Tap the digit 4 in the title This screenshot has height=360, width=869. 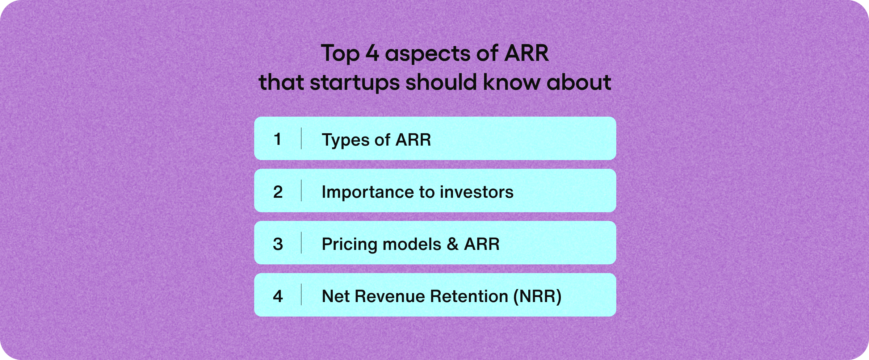coord(372,53)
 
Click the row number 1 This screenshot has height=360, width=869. coord(278,139)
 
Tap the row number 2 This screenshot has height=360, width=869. coord(278,192)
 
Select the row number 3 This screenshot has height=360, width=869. coord(278,244)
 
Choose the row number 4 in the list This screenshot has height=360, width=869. coord(278,296)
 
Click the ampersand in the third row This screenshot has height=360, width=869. coord(453,244)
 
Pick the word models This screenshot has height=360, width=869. coord(412,244)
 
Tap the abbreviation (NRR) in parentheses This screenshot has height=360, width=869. coord(538,296)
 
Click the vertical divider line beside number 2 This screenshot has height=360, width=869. coord(301,191)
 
